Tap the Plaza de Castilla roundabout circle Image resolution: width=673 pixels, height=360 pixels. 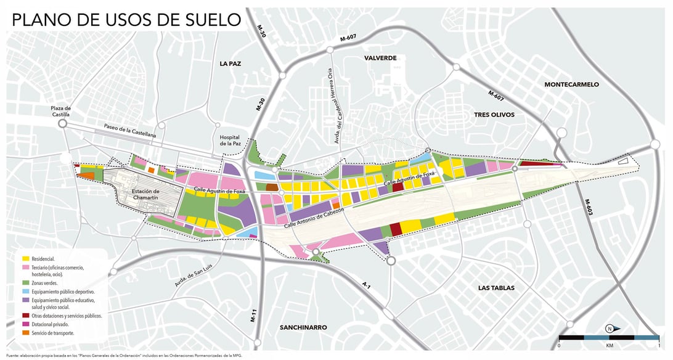[x=62, y=124]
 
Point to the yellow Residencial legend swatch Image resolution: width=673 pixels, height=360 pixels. [x=26, y=259]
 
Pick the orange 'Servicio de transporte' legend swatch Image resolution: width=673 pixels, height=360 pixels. [x=26, y=333]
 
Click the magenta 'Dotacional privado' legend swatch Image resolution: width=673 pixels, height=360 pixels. [x=26, y=324]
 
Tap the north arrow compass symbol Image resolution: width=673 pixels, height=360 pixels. [x=608, y=328]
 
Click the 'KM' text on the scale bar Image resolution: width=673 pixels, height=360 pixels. [x=609, y=346]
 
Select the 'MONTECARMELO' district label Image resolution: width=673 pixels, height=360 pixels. [x=571, y=84]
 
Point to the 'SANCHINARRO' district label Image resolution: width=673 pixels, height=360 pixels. [x=303, y=327]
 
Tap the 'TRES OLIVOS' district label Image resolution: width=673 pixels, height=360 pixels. [x=494, y=115]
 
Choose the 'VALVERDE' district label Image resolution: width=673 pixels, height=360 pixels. [x=380, y=58]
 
